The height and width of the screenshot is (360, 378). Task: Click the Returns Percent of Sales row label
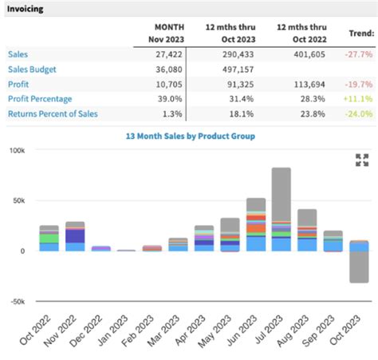coord(53,114)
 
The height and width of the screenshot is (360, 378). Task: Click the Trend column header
coord(360,33)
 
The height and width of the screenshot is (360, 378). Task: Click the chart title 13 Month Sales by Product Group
coord(190,136)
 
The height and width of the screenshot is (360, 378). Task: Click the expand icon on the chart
coord(361,160)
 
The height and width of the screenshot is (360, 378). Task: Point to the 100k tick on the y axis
coord(17,150)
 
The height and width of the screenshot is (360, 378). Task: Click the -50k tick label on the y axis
coord(17,301)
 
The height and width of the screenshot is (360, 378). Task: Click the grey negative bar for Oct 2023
coord(359,267)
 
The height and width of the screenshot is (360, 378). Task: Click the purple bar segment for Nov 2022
coord(75,235)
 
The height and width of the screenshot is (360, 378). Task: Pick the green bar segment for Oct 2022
coord(49,238)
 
